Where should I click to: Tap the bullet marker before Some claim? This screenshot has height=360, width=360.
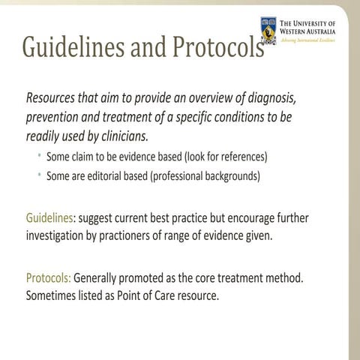(38, 157)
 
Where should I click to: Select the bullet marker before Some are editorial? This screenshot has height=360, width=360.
(38, 177)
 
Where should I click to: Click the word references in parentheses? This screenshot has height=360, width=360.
(239, 157)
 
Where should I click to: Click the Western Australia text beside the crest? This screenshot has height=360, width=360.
(309, 30)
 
